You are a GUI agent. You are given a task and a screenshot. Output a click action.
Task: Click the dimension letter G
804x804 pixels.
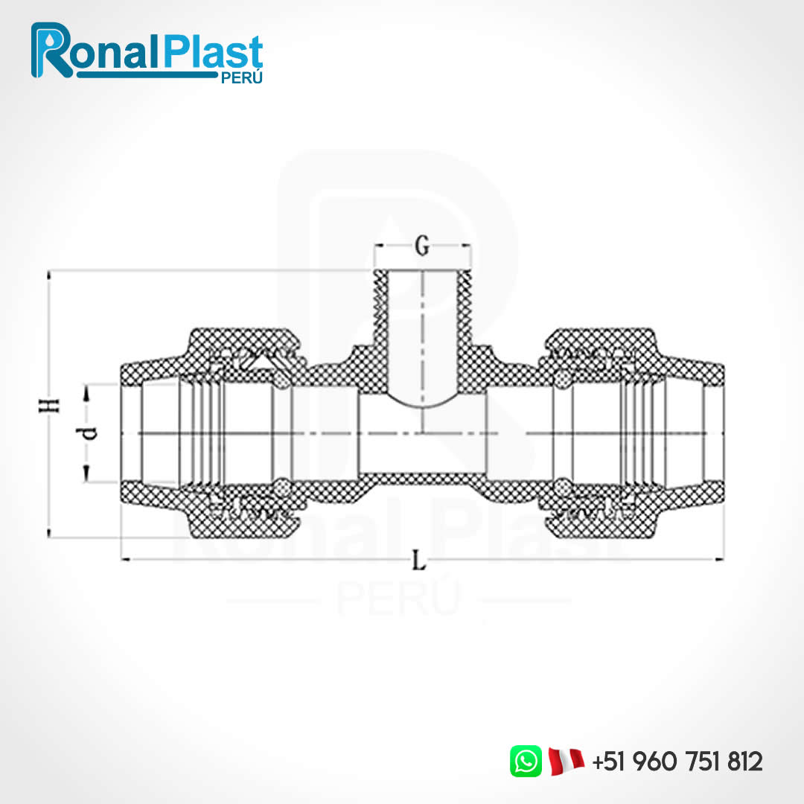(422, 246)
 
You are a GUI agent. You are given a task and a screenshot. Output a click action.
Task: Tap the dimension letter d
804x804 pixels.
(89, 433)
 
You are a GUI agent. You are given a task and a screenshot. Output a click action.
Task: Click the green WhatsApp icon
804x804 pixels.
(526, 761)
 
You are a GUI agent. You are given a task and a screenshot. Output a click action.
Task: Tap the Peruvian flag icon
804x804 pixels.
(566, 761)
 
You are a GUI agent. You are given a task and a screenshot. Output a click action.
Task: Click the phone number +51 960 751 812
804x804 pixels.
(677, 762)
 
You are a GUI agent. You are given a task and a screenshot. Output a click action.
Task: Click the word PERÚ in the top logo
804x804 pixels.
(242, 79)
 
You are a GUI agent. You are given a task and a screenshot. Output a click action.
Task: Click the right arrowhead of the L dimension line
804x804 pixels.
(719, 558)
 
